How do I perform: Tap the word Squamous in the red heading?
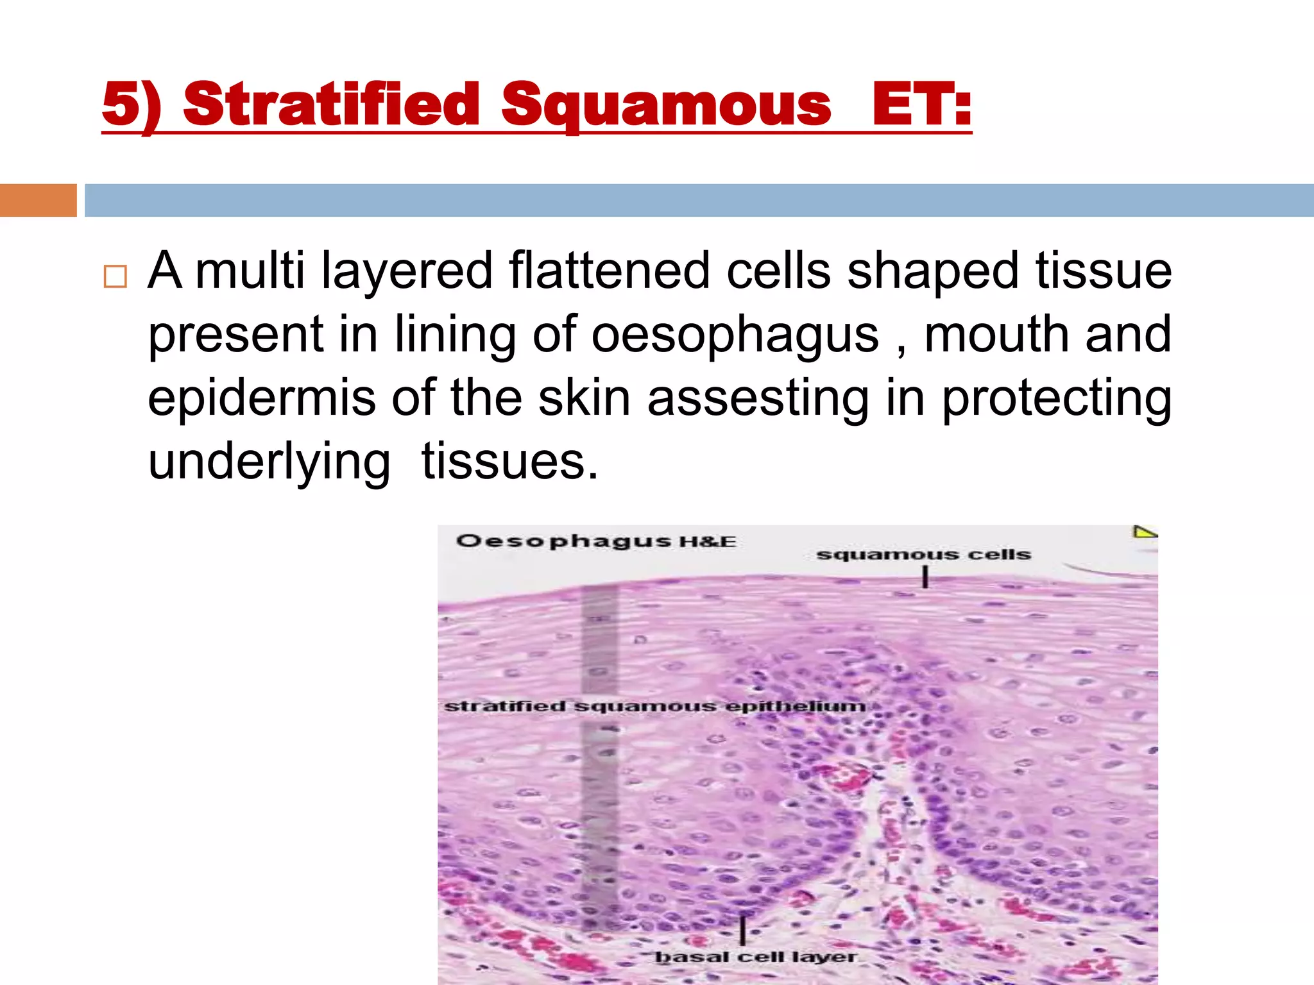(x=666, y=105)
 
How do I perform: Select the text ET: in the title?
(x=921, y=105)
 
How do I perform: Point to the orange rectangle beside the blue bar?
(x=38, y=200)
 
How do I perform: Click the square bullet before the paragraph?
(x=115, y=276)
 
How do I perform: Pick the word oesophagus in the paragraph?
(x=735, y=334)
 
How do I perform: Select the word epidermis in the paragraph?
(x=261, y=398)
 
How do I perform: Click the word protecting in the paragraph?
(x=1056, y=398)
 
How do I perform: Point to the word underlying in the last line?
(x=269, y=462)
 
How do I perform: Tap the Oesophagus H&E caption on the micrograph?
(x=595, y=541)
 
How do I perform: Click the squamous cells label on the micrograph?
(x=923, y=554)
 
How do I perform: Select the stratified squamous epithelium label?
(x=654, y=706)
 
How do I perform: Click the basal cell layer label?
(x=755, y=957)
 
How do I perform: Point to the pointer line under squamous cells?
(x=925, y=578)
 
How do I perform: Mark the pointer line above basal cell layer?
(x=743, y=929)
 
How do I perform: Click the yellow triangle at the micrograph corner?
(x=1143, y=532)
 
